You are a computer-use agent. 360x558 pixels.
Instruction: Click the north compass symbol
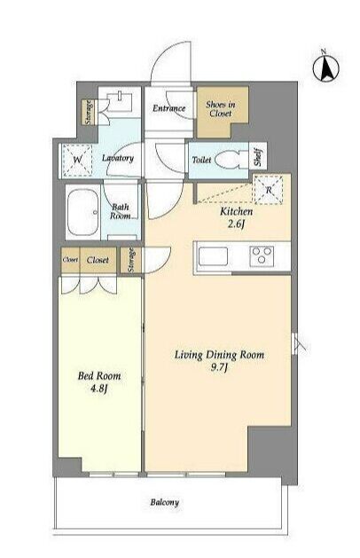coord(325,67)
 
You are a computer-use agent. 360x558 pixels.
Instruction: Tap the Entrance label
coord(169,108)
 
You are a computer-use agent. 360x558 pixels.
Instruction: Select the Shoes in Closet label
coord(221,109)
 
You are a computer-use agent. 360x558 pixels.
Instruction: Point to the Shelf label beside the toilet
coord(258,157)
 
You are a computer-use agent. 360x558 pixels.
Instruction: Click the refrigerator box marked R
coord(269,190)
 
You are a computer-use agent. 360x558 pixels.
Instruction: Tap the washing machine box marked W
coord(77,161)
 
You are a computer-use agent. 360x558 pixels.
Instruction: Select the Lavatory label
coord(118,158)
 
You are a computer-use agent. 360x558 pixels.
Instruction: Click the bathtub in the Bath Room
coord(83,212)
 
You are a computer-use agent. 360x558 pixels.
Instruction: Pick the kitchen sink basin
coord(213,256)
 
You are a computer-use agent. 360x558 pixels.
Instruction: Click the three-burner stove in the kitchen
coord(262,255)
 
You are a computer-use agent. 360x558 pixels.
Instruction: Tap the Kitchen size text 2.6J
coord(237,224)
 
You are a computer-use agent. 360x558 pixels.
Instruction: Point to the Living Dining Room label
coord(219,355)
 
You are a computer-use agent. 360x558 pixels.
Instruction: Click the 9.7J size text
coord(219,367)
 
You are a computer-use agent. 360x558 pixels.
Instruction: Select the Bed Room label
coord(99,376)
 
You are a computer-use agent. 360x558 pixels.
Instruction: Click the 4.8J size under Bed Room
coord(99,389)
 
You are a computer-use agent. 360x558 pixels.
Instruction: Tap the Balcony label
coord(164,502)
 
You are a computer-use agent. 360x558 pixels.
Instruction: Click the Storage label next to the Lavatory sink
coord(89,112)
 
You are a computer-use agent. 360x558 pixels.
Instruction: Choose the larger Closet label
coord(98,260)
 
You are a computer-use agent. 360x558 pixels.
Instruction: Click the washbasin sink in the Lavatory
coord(120,101)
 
